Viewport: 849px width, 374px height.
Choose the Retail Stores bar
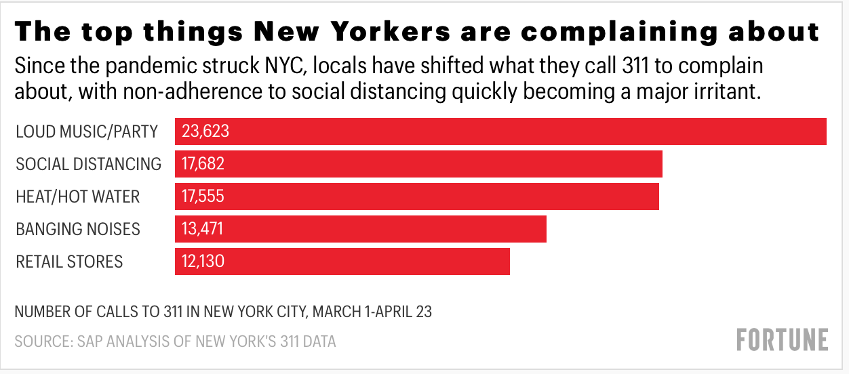point(342,262)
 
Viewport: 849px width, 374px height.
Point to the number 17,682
point(203,164)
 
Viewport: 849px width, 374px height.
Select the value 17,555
point(203,196)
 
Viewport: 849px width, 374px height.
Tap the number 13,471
point(202,229)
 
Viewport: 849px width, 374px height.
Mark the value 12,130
point(203,262)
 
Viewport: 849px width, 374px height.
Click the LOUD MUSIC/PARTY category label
point(87,131)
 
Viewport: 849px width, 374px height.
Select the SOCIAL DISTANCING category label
point(89,164)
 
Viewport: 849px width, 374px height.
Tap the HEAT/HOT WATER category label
point(78,196)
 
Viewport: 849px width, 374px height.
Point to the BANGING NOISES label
point(78,229)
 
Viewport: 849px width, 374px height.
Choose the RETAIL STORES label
point(69,262)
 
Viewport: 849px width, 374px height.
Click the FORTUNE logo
point(783,339)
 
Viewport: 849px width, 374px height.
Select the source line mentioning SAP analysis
point(175,341)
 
